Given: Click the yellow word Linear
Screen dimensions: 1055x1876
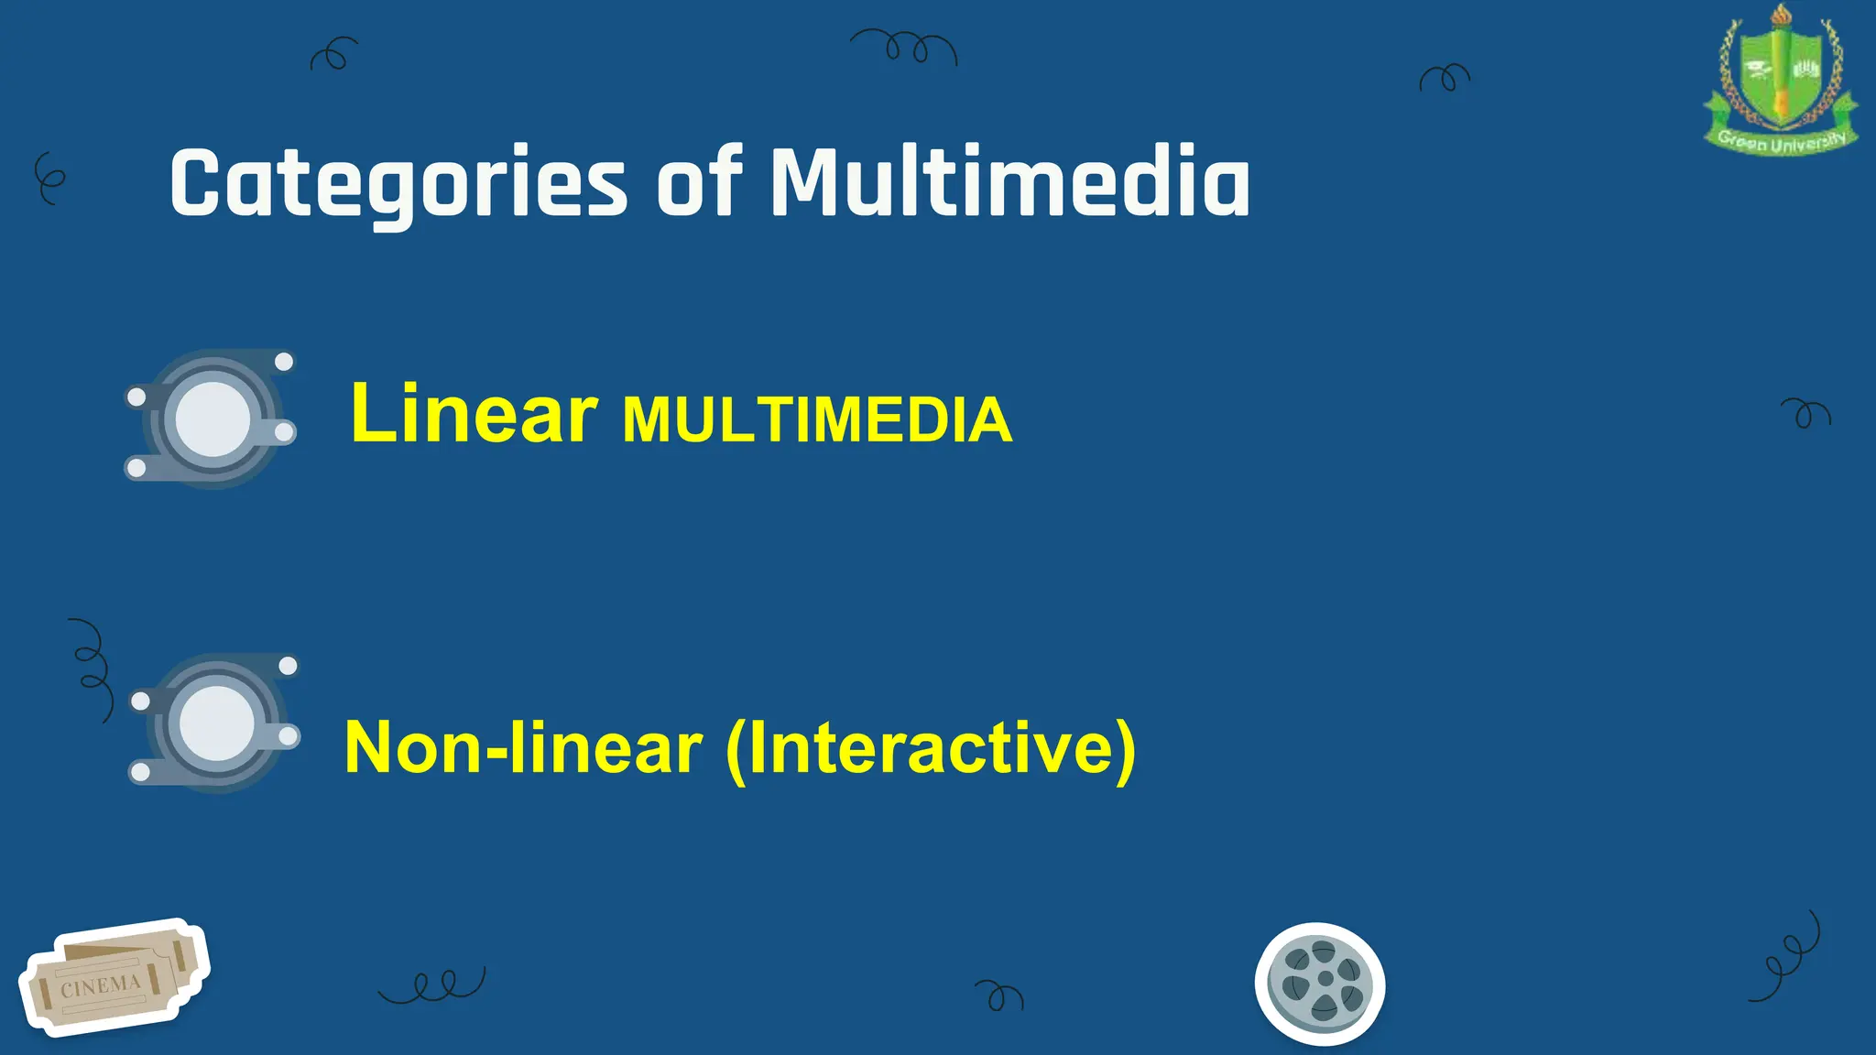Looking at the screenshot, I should [x=474, y=414].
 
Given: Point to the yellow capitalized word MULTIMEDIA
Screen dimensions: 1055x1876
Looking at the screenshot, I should [x=817, y=420].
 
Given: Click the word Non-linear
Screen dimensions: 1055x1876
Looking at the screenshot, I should [x=523, y=748].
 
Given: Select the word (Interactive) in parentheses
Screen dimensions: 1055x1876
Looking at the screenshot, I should [x=931, y=750].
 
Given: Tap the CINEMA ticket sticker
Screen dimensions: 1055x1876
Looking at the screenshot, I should [x=114, y=978].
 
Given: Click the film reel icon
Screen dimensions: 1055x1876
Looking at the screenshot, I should [x=1320, y=984].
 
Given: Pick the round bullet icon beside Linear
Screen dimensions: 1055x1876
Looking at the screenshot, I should [x=212, y=419].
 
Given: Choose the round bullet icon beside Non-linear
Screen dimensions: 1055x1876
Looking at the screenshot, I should [x=215, y=723].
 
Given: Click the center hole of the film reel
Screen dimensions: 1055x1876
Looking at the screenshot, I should [x=1325, y=979].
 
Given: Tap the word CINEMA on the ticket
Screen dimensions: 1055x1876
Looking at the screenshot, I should [x=101, y=986].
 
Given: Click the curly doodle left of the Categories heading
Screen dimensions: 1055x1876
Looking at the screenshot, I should [x=49, y=178].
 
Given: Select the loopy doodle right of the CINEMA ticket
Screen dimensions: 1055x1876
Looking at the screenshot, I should [x=433, y=984].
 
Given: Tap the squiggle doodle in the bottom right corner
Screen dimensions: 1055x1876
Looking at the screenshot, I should [x=1786, y=958].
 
